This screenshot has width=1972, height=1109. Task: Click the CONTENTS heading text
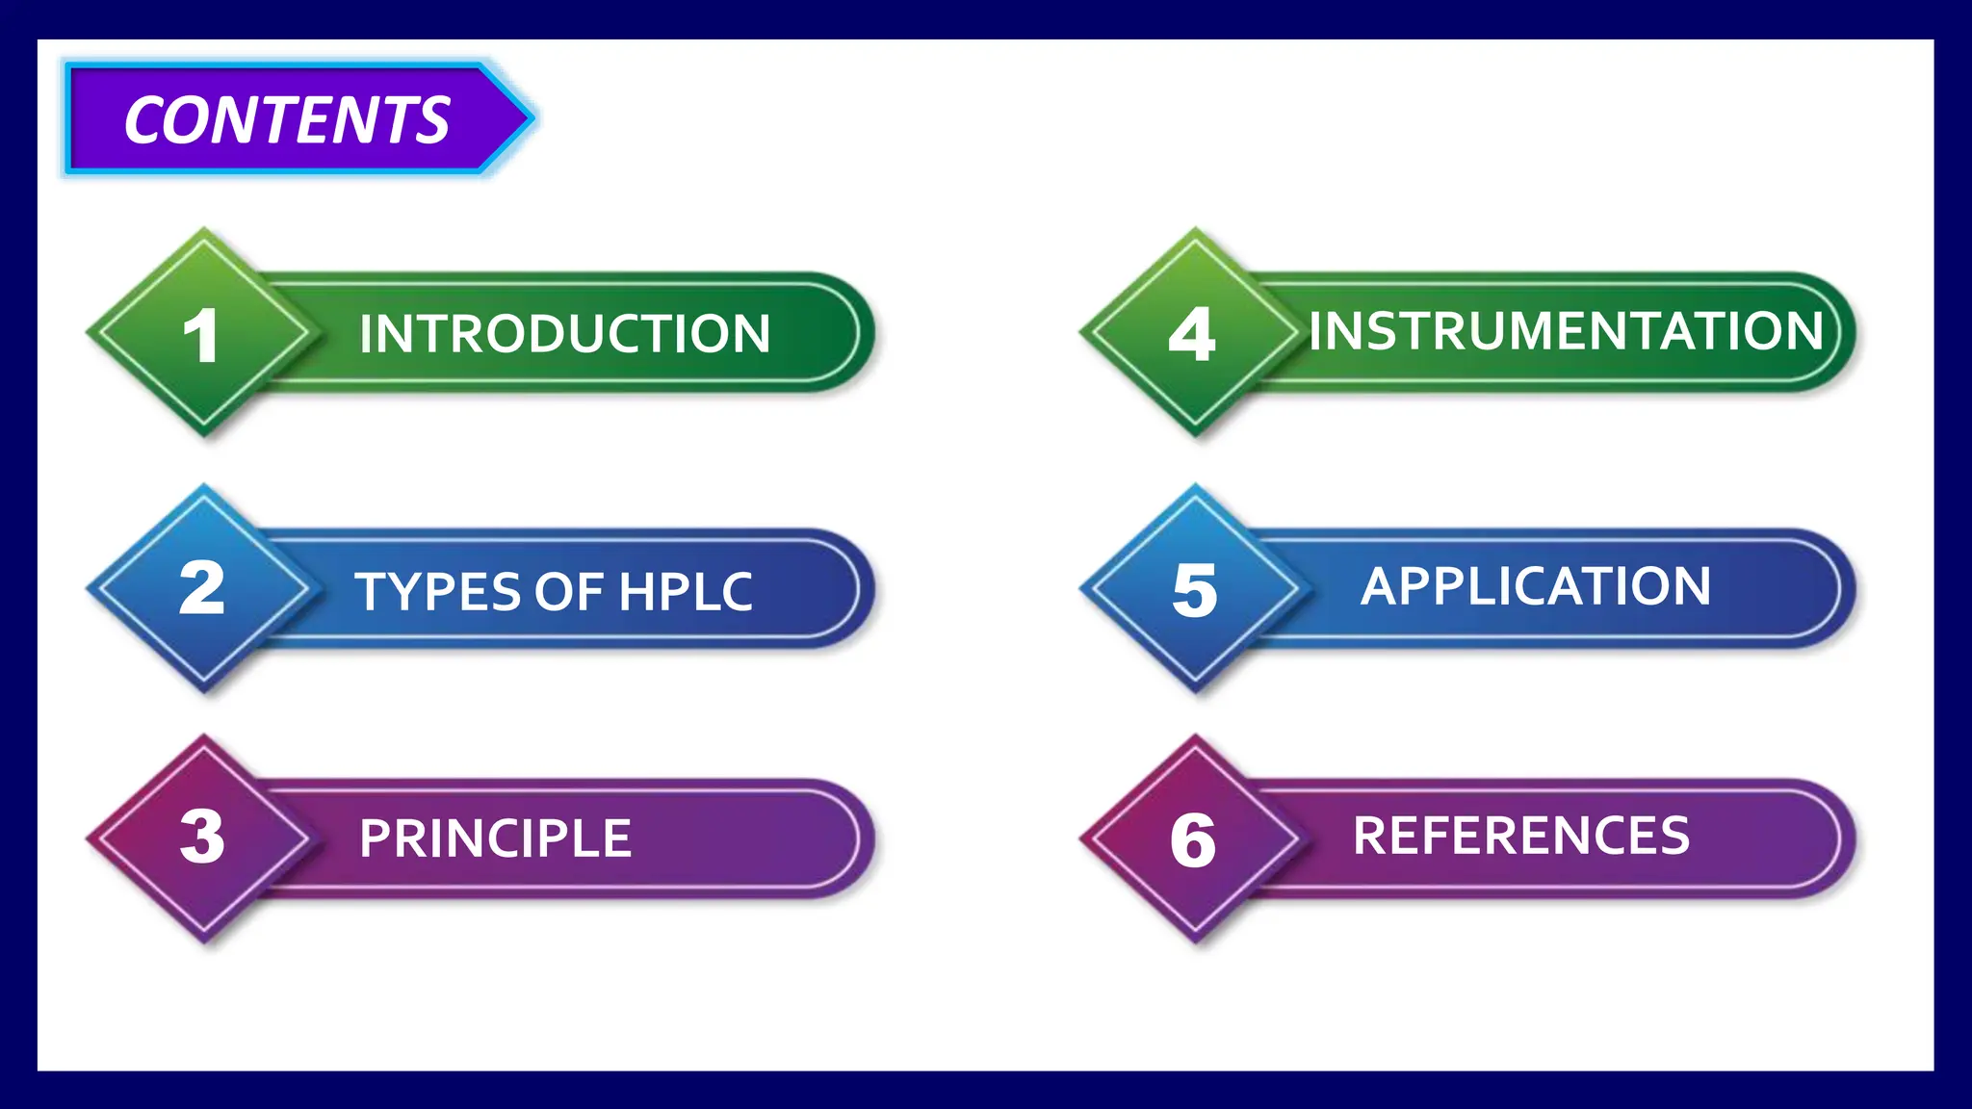coord(287,120)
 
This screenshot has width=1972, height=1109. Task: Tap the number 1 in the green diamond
coord(201,336)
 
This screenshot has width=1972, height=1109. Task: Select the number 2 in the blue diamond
coord(202,588)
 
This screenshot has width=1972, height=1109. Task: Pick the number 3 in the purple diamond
coord(202,837)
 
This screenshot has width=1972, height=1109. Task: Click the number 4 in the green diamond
coord(1192,335)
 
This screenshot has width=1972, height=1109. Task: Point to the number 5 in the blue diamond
coord(1195,590)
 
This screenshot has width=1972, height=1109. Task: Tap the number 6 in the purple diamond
coord(1193,840)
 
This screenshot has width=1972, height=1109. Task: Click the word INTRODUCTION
coord(564,334)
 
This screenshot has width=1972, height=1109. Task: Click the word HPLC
coord(685,591)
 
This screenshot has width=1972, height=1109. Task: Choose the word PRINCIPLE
coord(495,838)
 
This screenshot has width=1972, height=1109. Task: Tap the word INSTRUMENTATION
coord(1566,331)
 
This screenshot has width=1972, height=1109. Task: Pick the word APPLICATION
coord(1536,586)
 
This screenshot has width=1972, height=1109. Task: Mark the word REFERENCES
coord(1521,836)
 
